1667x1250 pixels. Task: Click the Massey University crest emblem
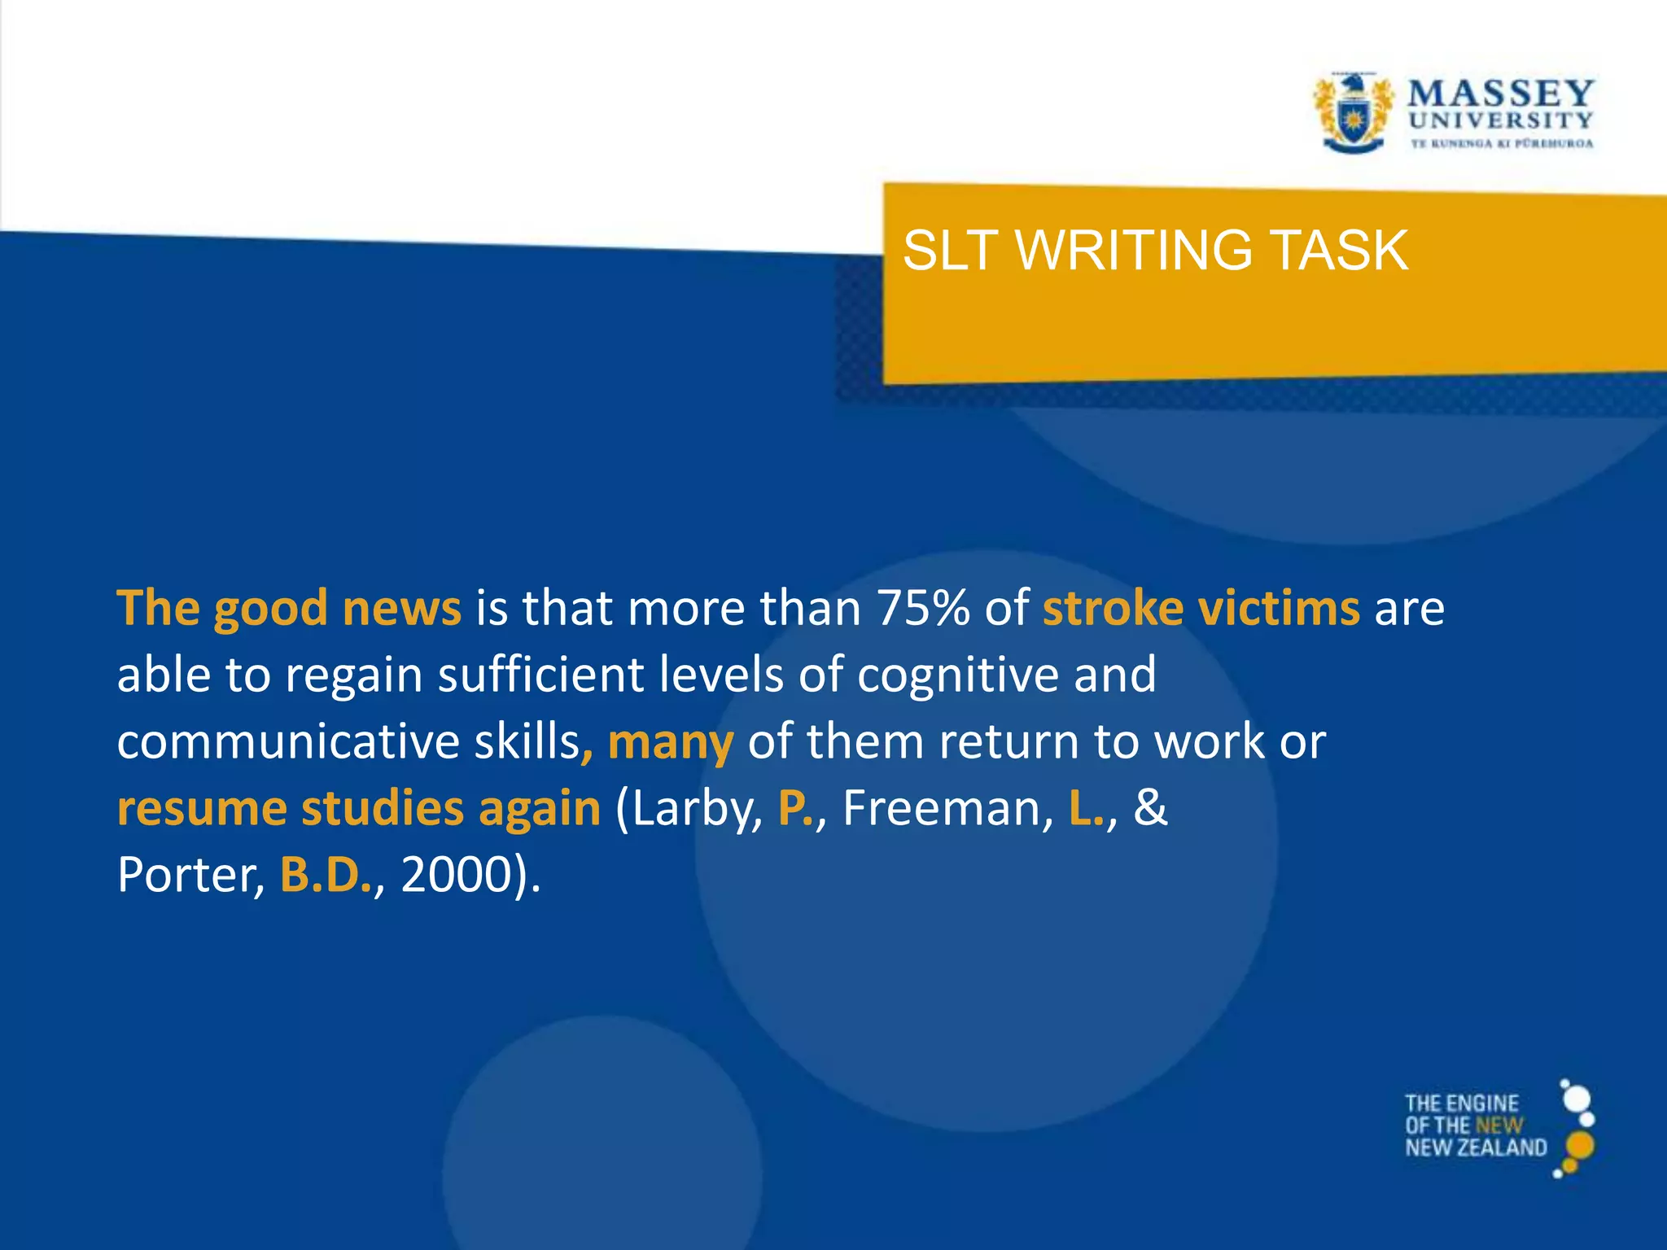coord(1352,114)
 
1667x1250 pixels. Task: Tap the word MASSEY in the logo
coord(1500,94)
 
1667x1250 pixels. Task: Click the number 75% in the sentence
coord(923,608)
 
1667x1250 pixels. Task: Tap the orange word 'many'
coord(671,743)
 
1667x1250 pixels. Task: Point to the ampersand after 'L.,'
coord(1150,808)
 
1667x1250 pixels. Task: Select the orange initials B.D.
coord(325,875)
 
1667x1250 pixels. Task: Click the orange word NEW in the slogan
coord(1499,1125)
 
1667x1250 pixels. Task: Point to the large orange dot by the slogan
coord(1580,1145)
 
